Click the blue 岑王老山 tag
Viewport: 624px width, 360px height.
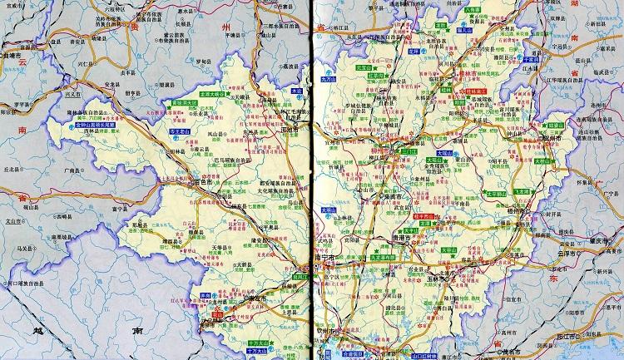(178, 131)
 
